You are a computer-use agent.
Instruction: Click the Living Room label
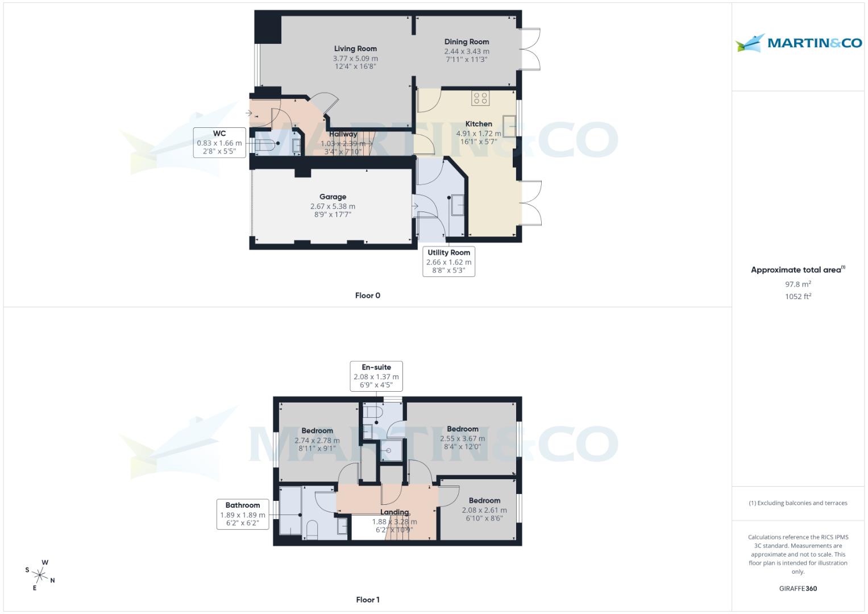[x=355, y=49]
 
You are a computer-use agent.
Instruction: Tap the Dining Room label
[x=467, y=42]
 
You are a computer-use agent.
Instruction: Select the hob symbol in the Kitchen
[x=480, y=98]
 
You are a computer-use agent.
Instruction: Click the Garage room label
[x=333, y=197]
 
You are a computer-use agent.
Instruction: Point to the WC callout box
[x=219, y=143]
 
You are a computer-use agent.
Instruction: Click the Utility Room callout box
[x=448, y=262]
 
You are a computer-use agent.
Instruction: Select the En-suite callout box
[x=376, y=376]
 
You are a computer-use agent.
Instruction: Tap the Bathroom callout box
[x=243, y=514]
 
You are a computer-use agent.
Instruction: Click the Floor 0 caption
[x=368, y=296]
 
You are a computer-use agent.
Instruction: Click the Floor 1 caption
[x=368, y=600]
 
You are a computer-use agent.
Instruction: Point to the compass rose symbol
[x=41, y=575]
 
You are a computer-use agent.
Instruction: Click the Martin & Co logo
[x=799, y=43]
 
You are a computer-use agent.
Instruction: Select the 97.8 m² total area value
[x=798, y=284]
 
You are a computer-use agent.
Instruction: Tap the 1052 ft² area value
[x=798, y=296]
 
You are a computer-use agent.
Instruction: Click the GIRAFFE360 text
[x=798, y=588]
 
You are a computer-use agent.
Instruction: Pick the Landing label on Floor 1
[x=394, y=512]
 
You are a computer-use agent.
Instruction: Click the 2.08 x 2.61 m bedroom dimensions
[x=484, y=511]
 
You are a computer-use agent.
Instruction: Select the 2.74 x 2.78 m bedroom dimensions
[x=317, y=441]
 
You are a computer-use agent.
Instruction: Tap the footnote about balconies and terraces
[x=798, y=503]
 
